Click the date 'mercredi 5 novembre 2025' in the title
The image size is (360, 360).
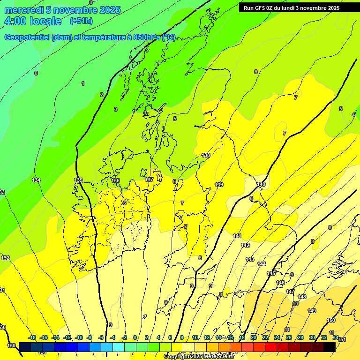tap(62, 10)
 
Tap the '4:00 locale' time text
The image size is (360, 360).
tap(33, 21)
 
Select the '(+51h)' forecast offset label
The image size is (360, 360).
tap(81, 21)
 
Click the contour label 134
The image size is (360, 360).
tap(36, 180)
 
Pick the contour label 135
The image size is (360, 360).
tap(78, 180)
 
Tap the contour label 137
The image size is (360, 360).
tap(149, 180)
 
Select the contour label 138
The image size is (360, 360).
tap(206, 155)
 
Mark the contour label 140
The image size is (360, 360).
tap(261, 184)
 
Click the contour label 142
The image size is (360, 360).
tap(245, 245)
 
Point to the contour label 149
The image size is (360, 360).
tap(312, 311)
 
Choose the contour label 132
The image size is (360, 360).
tap(5, 258)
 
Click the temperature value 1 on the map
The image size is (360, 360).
tap(83, 83)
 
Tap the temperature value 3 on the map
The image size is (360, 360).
tap(116, 109)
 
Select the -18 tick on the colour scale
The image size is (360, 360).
tap(32, 337)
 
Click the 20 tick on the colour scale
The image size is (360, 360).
tap(254, 337)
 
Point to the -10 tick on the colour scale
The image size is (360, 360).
tap(79, 337)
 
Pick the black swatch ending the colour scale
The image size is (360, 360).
tap(330, 347)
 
